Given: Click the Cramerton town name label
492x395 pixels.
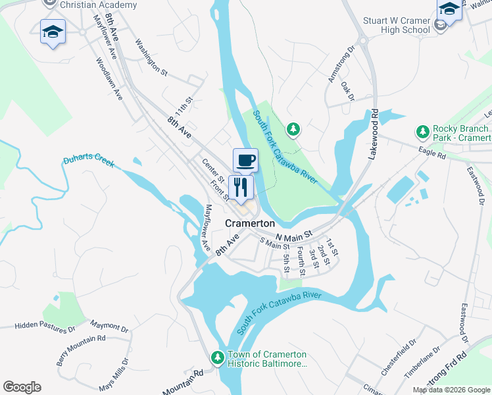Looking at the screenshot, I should point(250,223).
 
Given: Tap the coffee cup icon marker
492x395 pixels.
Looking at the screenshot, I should point(245,160).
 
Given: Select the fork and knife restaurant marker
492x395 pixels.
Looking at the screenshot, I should point(241,188).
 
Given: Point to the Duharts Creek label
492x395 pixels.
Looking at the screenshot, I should point(89,161).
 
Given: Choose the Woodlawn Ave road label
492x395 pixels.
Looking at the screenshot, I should point(109,78).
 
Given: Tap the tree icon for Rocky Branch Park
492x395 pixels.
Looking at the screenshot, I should point(421,133).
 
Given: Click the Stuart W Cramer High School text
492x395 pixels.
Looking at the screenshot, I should point(397,25).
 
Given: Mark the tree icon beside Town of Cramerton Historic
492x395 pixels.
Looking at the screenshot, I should point(217,358).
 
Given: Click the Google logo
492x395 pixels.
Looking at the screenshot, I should point(22,387).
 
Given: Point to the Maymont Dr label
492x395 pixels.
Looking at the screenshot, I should point(109,326).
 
